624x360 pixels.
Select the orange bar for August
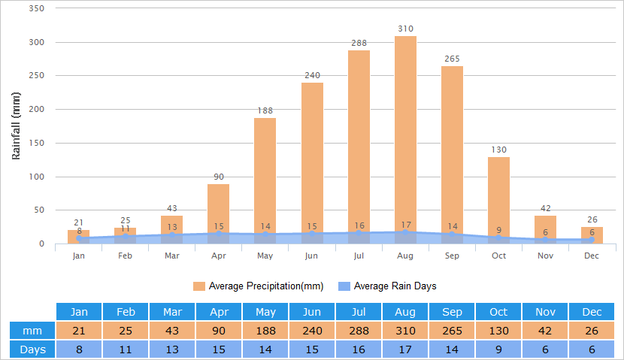pyautogui.click(x=405, y=135)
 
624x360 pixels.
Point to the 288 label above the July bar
pyautogui.click(x=359, y=43)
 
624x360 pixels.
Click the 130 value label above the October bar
pyautogui.click(x=498, y=150)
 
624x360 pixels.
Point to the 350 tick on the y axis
pyautogui.click(x=36, y=8)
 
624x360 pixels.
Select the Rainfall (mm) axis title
pyautogui.click(x=16, y=126)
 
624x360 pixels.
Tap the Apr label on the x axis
pyautogui.click(x=218, y=256)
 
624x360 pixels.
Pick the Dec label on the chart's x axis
pyautogui.click(x=592, y=256)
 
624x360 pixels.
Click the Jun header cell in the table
pyautogui.click(x=312, y=312)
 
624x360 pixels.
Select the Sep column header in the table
pyautogui.click(x=452, y=312)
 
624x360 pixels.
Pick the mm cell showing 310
pyautogui.click(x=405, y=331)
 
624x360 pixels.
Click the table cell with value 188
pyautogui.click(x=265, y=331)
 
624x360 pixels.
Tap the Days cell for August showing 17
pyautogui.click(x=405, y=349)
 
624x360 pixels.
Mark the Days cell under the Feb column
pyautogui.click(x=126, y=349)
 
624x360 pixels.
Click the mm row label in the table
pyautogui.click(x=32, y=331)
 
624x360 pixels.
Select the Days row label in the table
pyautogui.click(x=32, y=349)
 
